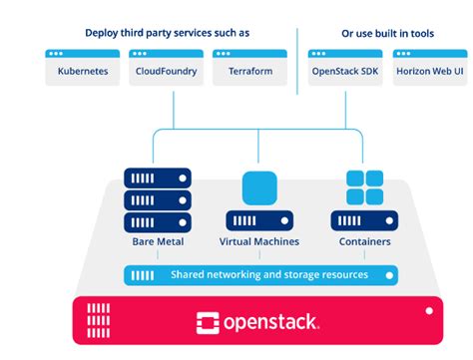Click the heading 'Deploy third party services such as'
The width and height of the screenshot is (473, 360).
pyautogui.click(x=167, y=33)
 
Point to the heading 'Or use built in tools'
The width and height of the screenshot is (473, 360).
pyautogui.click(x=387, y=33)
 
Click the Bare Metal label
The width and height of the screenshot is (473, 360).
pyautogui.click(x=158, y=242)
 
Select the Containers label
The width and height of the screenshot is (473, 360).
pyautogui.click(x=364, y=242)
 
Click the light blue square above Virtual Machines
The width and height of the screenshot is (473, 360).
pyautogui.click(x=259, y=187)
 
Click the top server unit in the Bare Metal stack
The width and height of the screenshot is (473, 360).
pyautogui.click(x=158, y=178)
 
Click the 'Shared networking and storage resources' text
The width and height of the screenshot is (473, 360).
pyautogui.click(x=268, y=275)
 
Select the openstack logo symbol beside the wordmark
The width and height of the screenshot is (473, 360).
pyautogui.click(x=208, y=321)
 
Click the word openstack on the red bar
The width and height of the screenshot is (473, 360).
pyautogui.click(x=269, y=321)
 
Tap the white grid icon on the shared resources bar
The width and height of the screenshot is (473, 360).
pyautogui.click(x=142, y=275)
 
